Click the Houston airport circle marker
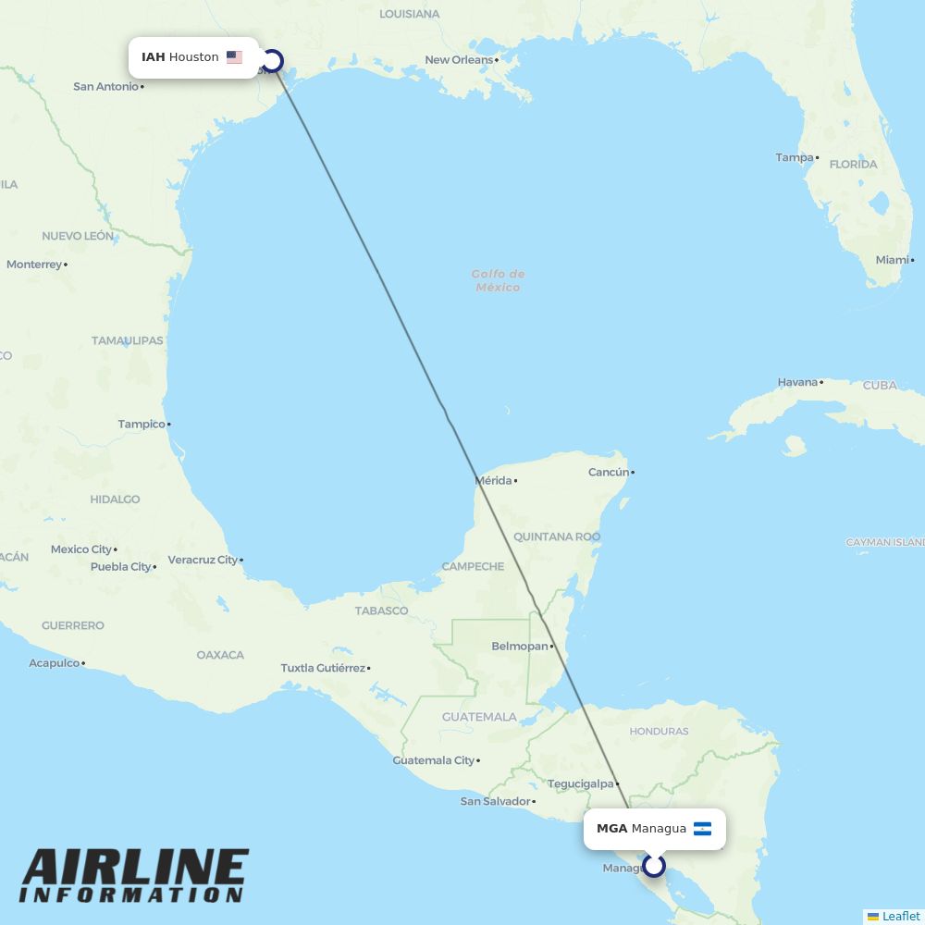(272, 62)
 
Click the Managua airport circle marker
(654, 866)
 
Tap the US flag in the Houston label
(234, 57)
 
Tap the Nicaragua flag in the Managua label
(702, 829)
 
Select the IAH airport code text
(153, 57)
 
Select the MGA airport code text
(611, 829)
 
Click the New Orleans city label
(459, 60)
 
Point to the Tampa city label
(794, 157)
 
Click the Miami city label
(892, 260)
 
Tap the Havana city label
(797, 382)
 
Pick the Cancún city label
(608, 473)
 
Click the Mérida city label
(493, 481)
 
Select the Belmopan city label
(519, 647)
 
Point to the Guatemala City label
(433, 760)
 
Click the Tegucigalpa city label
(580, 783)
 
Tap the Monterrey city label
(33, 265)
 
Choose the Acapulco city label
(54, 663)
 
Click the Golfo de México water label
(498, 280)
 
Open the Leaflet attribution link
(900, 916)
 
